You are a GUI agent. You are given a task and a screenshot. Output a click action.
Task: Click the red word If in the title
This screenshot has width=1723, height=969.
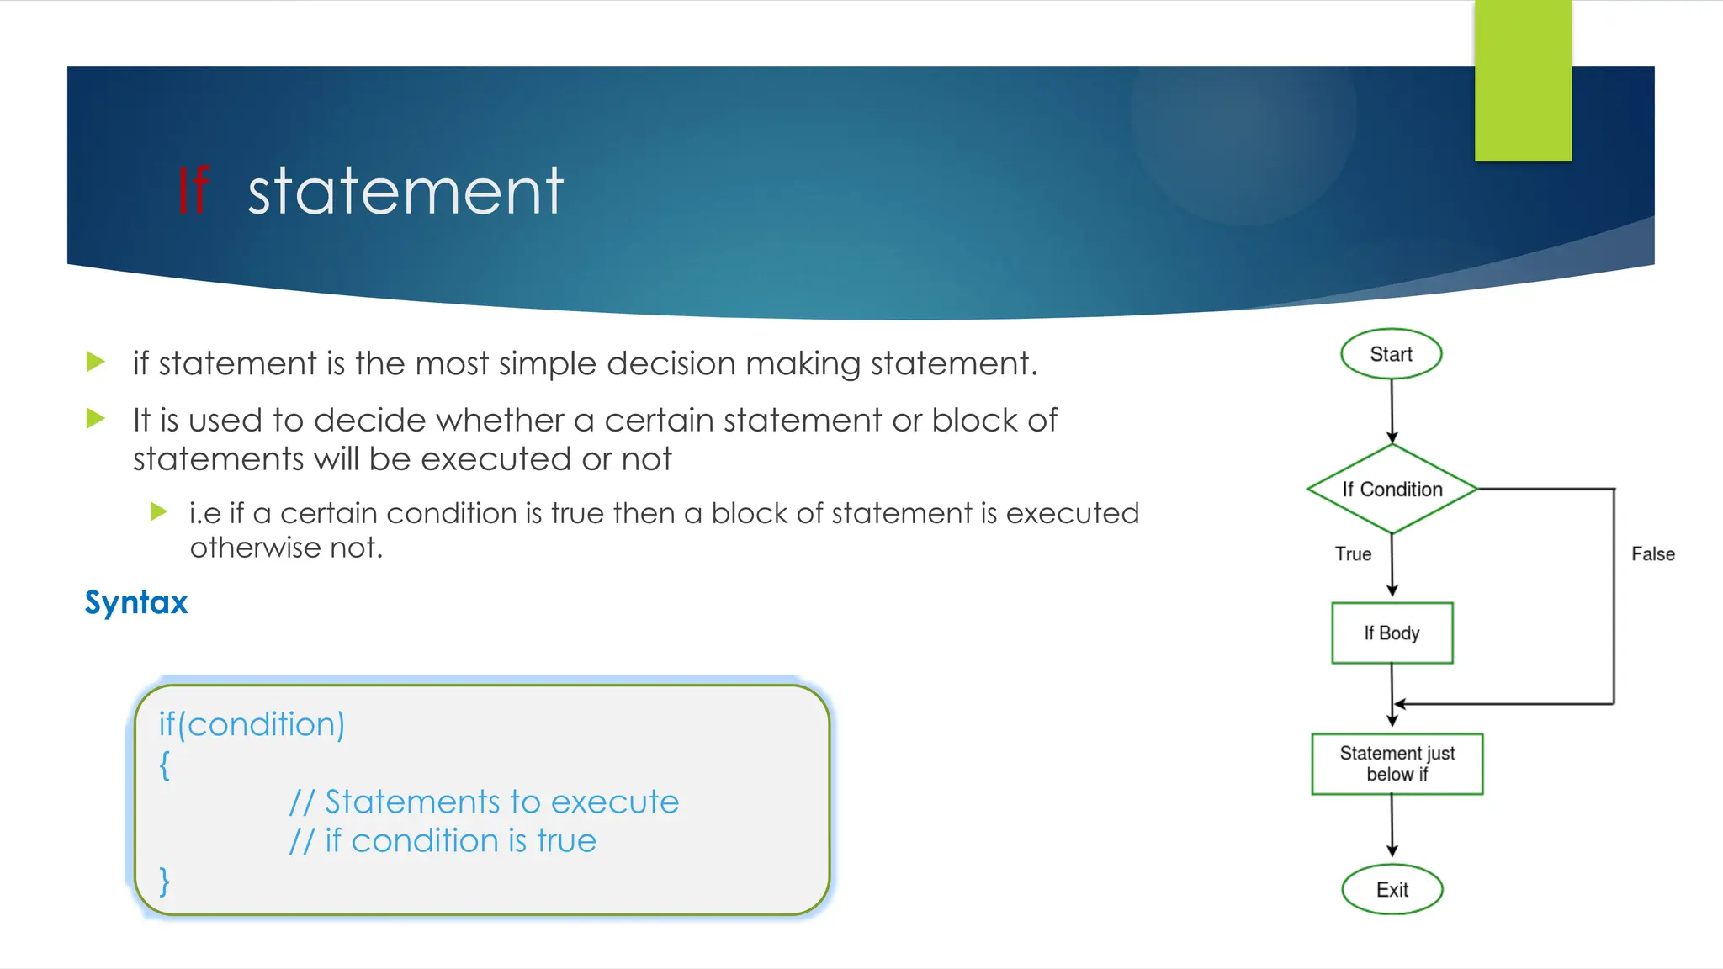pos(193,191)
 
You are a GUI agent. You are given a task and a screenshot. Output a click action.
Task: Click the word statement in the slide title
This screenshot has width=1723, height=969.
pos(405,191)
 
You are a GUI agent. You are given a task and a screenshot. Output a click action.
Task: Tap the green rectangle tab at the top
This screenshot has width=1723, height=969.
pos(1523,81)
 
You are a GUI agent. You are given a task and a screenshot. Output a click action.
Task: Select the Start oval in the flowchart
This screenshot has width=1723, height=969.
pos(1391,354)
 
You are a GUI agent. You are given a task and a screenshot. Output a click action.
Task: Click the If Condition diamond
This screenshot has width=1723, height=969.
pos(1392,489)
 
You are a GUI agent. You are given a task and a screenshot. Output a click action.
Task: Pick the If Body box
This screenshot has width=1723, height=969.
pos(1392,633)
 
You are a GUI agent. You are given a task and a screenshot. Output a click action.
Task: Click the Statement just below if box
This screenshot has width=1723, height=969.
pos(1397,764)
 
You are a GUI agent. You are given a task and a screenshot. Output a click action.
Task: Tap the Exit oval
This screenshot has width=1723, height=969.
pos(1392,889)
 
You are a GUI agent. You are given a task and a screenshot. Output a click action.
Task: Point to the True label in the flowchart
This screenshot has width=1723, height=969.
pos(1353,553)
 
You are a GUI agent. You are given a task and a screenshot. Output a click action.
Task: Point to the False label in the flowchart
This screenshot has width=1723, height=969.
pos(1652,553)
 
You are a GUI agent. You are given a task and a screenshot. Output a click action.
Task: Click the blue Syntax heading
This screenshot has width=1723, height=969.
pos(136,602)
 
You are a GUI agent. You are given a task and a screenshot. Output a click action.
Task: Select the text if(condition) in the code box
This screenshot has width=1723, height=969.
pos(252,724)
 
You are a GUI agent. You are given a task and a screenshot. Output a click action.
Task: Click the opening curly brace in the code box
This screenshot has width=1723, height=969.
pos(165,765)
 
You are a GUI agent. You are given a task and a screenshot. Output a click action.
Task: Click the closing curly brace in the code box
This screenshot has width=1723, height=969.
pos(165,881)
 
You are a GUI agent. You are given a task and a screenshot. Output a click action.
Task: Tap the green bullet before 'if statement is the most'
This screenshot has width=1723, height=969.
pos(96,363)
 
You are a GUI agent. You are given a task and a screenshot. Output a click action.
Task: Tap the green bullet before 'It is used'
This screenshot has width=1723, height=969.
pos(96,418)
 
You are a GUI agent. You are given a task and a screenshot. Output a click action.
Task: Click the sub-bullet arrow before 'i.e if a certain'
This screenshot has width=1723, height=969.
pos(159,511)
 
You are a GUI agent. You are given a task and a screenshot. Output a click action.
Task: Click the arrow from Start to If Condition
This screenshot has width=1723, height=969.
pos(1392,410)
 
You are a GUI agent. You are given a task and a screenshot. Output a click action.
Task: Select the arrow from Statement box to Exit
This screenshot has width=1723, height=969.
pos(1392,826)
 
